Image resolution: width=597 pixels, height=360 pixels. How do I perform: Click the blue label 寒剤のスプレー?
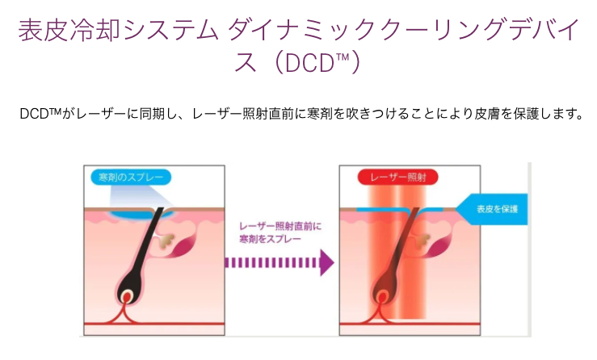click(131, 178)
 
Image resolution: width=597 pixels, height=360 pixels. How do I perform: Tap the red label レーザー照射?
click(398, 178)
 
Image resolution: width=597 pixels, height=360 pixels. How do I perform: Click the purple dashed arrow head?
click(327, 262)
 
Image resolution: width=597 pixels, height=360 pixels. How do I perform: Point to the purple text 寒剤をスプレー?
click(270, 239)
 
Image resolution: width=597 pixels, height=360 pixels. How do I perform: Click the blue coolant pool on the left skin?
click(139, 214)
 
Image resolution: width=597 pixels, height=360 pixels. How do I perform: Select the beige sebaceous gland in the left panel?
click(166, 241)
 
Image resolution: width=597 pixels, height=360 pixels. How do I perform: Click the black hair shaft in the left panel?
click(145, 247)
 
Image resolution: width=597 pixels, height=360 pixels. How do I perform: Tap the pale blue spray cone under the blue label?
click(140, 197)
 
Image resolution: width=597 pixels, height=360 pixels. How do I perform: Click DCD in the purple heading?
click(309, 63)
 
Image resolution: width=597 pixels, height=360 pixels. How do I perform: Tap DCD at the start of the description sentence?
click(34, 114)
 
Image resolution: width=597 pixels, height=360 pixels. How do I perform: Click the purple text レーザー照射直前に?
click(280, 227)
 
